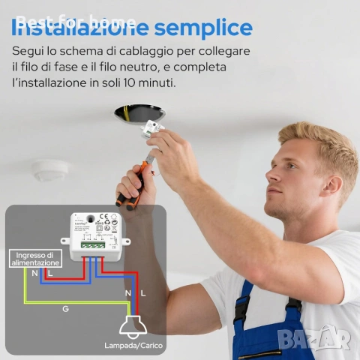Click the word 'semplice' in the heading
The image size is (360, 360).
pos(204,28)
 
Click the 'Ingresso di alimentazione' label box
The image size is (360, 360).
pos(34,259)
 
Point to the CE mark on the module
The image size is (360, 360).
pos(105,217)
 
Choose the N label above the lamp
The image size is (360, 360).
pos(127,292)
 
